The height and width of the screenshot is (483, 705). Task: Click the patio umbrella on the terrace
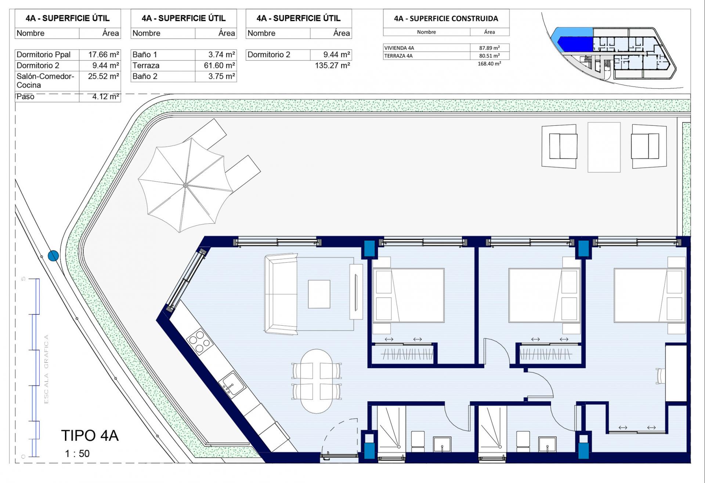[x=185, y=185]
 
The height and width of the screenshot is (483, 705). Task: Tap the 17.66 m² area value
[x=104, y=55]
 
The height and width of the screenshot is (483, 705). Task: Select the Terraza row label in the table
[x=146, y=66]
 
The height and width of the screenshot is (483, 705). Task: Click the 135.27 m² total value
[x=332, y=66]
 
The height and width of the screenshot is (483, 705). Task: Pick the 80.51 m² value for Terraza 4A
[x=489, y=56]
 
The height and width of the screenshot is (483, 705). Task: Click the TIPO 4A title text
[x=90, y=436]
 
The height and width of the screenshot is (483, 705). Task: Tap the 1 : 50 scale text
[x=77, y=454]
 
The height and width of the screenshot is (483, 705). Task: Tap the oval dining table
[x=317, y=381]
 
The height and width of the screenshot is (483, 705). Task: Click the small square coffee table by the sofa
[x=319, y=294]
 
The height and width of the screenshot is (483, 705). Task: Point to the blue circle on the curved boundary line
[x=54, y=255]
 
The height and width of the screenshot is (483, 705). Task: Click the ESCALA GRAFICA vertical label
[x=46, y=369]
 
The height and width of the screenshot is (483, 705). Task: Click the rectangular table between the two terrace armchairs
[x=604, y=147]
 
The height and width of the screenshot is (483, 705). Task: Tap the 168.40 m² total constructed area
[x=489, y=64]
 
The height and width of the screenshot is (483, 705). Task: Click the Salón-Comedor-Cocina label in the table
[x=45, y=81]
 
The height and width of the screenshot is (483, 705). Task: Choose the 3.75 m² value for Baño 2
[x=221, y=76]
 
